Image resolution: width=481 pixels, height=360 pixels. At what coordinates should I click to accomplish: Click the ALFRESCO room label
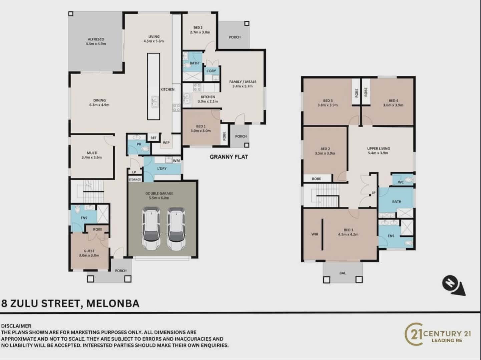(x=96, y=39)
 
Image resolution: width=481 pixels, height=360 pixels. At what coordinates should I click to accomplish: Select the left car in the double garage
(x=151, y=228)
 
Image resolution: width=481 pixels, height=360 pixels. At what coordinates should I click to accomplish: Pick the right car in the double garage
(x=176, y=229)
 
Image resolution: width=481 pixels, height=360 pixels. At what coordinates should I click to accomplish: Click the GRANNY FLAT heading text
(x=229, y=157)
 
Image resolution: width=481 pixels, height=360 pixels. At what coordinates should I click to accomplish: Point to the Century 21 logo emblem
(x=413, y=334)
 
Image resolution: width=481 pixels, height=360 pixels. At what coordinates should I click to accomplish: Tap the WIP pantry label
(x=166, y=143)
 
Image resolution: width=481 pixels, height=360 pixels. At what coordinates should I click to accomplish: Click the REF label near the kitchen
(x=153, y=138)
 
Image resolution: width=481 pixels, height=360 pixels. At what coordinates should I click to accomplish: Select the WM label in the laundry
(x=176, y=160)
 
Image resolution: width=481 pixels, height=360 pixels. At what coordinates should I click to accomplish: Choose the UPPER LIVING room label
(x=379, y=148)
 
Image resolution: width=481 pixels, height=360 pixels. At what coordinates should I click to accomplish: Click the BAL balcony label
(x=343, y=273)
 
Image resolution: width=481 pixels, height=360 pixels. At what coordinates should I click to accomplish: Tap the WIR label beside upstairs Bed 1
(x=315, y=234)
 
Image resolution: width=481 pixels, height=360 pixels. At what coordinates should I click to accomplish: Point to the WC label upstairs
(x=400, y=182)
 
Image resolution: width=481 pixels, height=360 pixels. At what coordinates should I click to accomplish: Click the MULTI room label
(x=92, y=153)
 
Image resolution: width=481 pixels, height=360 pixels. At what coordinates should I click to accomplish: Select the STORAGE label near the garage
(x=135, y=180)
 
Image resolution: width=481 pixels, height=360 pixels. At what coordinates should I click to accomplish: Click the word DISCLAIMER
(x=16, y=326)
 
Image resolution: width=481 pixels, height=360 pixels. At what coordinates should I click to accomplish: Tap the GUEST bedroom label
(x=89, y=251)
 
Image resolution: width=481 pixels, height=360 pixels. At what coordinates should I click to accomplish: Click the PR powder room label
(x=139, y=144)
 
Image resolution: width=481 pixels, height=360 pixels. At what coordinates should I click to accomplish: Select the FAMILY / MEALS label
(x=243, y=82)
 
